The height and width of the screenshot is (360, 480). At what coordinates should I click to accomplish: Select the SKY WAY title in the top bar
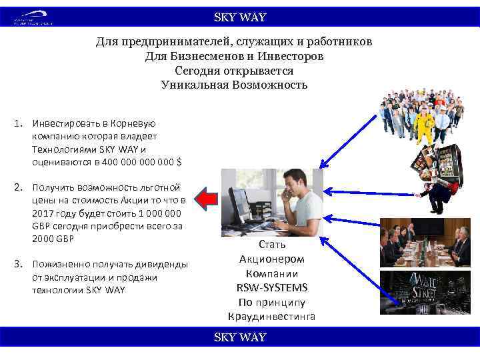point(239,17)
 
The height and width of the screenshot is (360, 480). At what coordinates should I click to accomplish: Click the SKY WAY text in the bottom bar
point(239,337)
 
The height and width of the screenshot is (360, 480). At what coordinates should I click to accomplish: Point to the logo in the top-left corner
point(32,18)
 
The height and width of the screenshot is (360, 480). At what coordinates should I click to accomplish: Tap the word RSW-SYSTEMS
point(271,288)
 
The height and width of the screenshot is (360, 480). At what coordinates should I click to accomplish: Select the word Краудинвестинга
point(271,315)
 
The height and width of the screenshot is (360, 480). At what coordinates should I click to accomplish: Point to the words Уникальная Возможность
point(234,85)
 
